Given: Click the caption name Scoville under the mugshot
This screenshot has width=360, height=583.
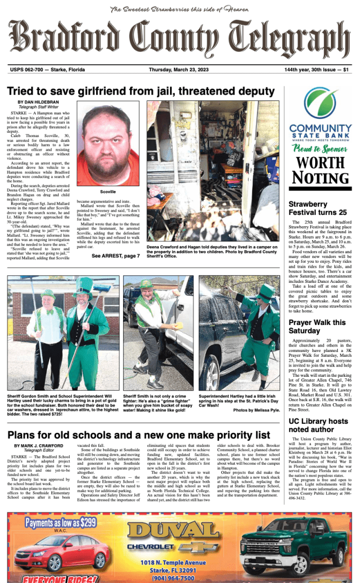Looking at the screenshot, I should (x=108, y=192).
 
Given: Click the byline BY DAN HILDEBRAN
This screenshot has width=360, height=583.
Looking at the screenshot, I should (x=38, y=102).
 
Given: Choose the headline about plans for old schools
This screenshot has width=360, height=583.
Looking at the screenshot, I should (x=139, y=435).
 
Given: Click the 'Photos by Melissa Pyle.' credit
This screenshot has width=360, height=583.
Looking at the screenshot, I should (x=256, y=410).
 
